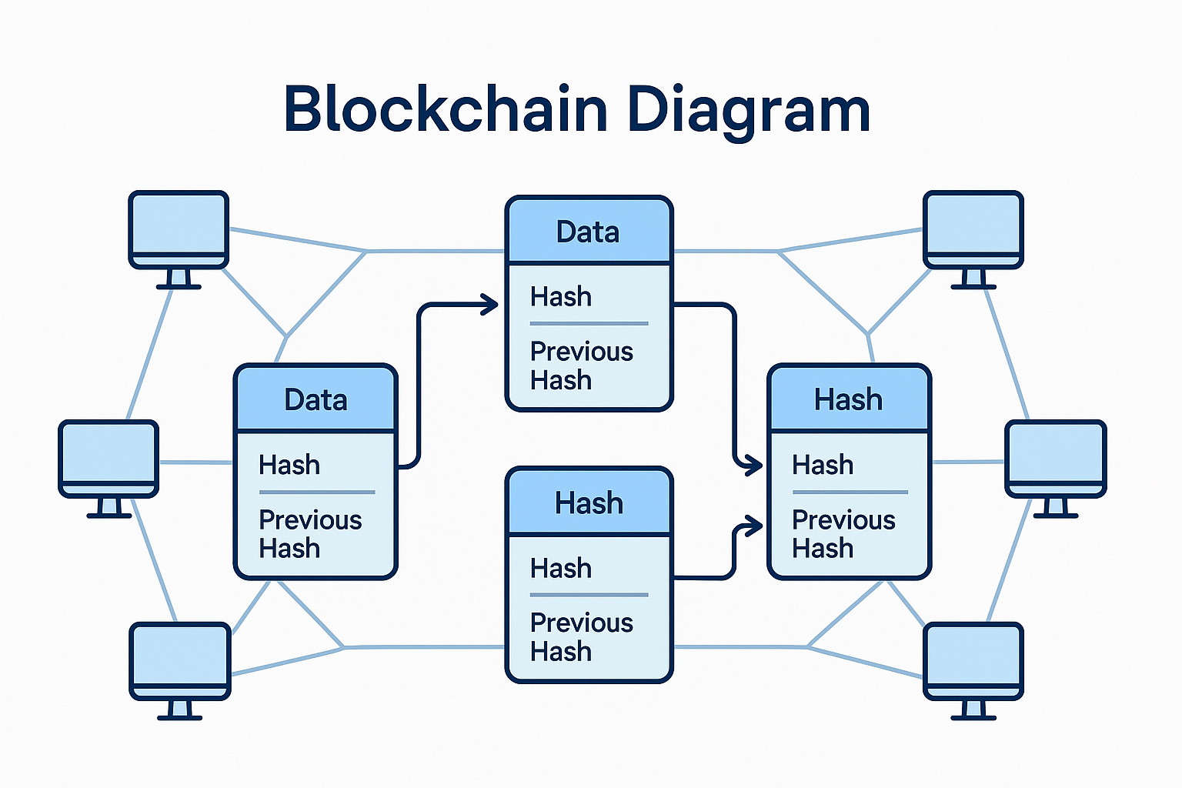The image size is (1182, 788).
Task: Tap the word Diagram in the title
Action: pos(748,109)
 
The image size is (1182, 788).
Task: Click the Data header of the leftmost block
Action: pos(316,400)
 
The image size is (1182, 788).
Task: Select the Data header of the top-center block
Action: pos(588,232)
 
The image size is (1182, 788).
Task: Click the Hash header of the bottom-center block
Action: pos(589,503)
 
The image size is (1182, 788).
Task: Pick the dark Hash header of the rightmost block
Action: pos(849,400)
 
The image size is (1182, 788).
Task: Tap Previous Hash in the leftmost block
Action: pos(309,534)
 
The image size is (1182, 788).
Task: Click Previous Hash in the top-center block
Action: pos(581,366)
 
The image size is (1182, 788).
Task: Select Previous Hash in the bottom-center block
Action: pos(581,637)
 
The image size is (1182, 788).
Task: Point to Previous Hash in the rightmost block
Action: pos(843,534)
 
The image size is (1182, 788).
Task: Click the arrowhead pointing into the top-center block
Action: pos(489,305)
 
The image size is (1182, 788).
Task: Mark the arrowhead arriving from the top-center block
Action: pos(750,465)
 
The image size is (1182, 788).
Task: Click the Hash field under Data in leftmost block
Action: pos(289,465)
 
